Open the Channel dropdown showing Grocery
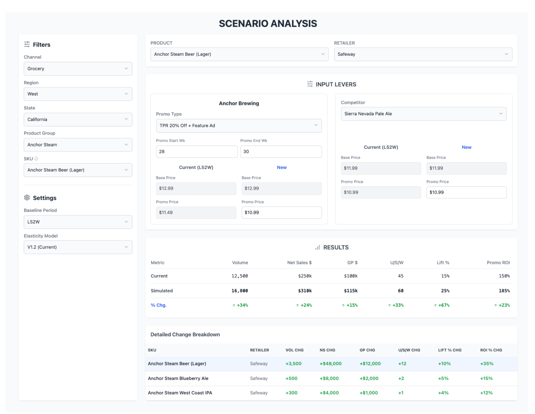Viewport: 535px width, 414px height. coord(78,69)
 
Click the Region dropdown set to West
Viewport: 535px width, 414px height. coord(78,94)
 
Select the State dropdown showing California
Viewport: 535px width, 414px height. coord(78,119)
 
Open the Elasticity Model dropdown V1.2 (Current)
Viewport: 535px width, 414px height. coord(78,247)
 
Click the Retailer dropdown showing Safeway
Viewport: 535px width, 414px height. coord(423,54)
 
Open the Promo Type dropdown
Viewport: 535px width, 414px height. coord(238,126)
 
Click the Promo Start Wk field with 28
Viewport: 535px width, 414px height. coord(197,151)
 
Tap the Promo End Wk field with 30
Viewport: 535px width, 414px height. coord(281,151)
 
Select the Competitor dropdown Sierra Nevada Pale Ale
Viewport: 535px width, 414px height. coord(423,114)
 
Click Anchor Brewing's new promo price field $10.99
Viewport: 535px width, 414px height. coord(281,213)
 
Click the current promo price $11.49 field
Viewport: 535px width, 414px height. coord(196,213)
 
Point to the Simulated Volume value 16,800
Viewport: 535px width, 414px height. coord(240,291)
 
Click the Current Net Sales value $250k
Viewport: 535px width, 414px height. coord(305,276)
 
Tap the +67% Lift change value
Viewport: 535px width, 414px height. coord(443,305)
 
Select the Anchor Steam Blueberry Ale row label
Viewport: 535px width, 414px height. coord(178,378)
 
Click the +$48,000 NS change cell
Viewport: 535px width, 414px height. coord(330,364)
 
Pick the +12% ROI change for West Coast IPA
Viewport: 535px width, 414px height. coord(486,393)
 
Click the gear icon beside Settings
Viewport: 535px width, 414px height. coord(27,198)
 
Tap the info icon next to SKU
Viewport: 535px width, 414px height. coord(36,159)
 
